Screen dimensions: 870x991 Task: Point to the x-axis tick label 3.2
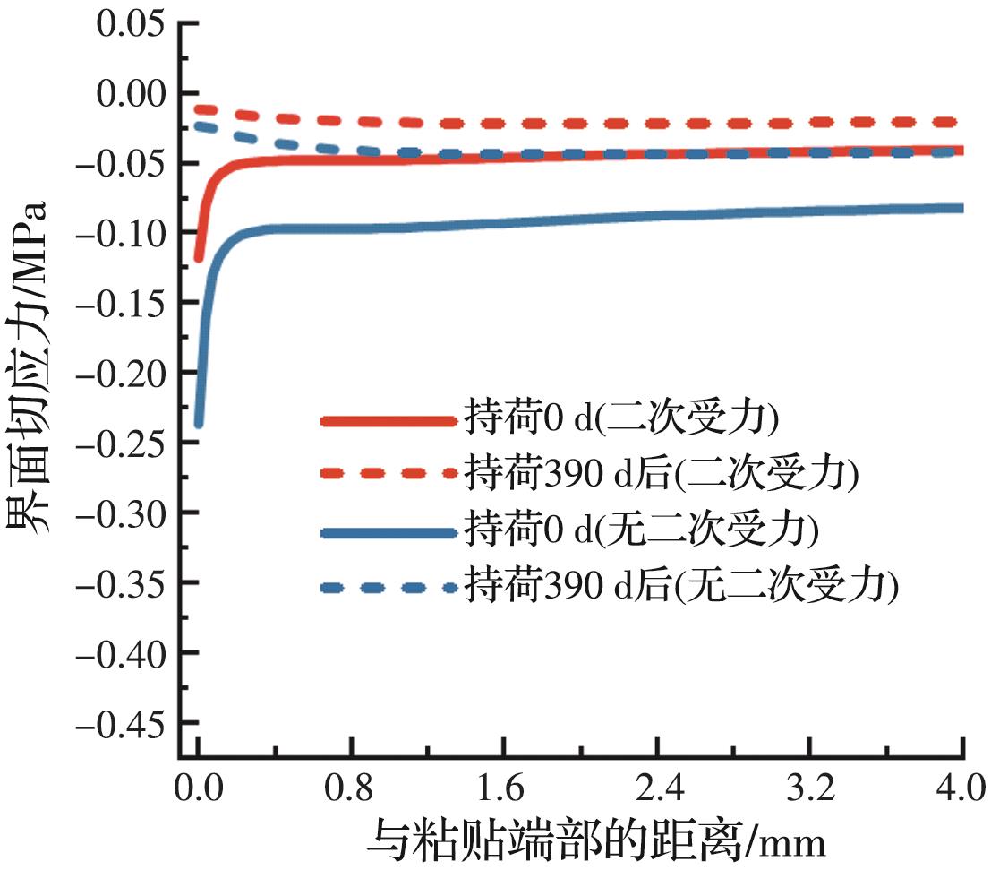[811, 790]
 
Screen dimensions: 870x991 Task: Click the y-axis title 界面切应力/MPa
[30, 368]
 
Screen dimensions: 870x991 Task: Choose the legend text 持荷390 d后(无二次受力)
[680, 586]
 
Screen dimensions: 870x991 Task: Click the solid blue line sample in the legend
[389, 533]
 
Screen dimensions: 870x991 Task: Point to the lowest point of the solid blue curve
[198, 424]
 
